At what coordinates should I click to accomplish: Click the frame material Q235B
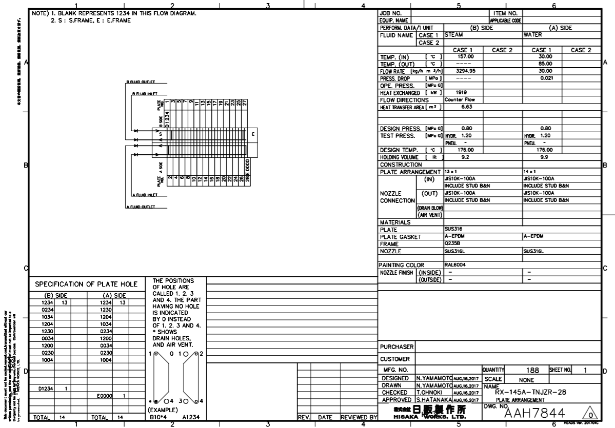452,244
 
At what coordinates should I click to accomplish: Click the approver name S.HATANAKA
433,399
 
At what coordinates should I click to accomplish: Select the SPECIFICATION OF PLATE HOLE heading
86,284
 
